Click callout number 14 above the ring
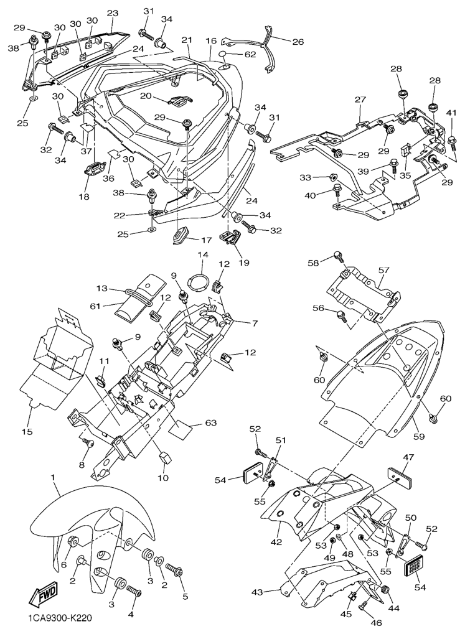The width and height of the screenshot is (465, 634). (x=202, y=255)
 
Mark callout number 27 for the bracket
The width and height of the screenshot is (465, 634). (x=360, y=99)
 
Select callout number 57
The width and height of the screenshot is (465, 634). (x=383, y=270)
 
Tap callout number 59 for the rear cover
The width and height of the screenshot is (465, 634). (x=419, y=437)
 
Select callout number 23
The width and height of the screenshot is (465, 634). (x=112, y=13)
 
